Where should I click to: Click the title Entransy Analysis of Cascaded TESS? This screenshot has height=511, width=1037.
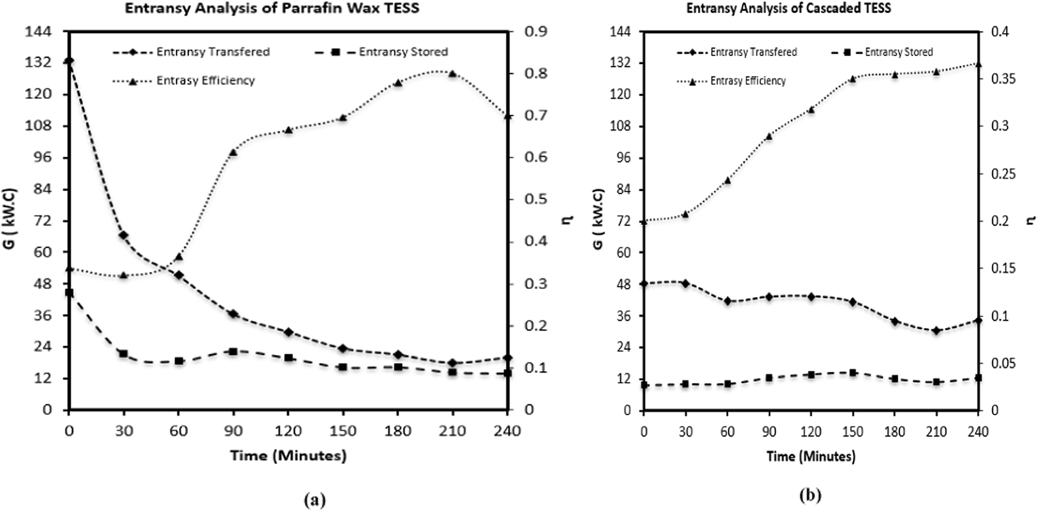pos(788,8)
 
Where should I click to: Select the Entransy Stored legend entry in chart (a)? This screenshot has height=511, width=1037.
pos(403,52)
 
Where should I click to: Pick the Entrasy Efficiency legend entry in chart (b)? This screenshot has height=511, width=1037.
pos(747,81)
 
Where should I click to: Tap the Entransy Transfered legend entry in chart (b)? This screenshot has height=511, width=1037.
pos(753,52)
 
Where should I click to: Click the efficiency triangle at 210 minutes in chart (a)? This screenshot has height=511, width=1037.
pos(452,74)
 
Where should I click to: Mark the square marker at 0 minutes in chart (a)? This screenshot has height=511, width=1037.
pos(69,292)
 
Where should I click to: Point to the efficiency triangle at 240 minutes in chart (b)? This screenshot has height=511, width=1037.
pos(978,64)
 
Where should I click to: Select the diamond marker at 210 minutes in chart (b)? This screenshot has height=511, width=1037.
pos(936,331)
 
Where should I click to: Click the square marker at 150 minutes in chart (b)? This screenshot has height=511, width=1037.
pos(853,372)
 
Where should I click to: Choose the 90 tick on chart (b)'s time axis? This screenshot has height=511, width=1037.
pos(769,432)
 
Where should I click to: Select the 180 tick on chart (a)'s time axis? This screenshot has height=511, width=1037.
pos(397,431)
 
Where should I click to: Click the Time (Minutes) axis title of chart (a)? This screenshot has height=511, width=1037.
pos(288,455)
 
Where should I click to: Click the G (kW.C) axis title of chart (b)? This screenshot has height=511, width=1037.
pos(598,219)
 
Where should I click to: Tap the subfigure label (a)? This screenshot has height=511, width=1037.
pos(315,499)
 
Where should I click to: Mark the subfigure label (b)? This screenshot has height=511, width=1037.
pos(810,496)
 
